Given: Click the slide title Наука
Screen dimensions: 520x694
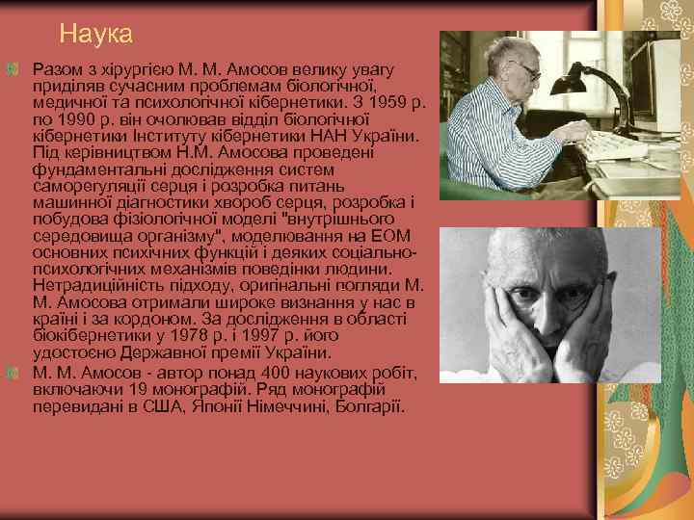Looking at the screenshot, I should click(95, 34).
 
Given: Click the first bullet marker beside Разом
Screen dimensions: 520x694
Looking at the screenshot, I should click(12, 69).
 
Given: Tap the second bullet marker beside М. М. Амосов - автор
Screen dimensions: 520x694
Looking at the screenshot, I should click(12, 373).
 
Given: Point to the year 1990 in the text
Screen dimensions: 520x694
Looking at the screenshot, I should click(73, 119).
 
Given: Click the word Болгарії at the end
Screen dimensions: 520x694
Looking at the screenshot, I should click(372, 406).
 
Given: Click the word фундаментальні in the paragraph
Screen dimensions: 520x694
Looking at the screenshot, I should click(91, 170).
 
